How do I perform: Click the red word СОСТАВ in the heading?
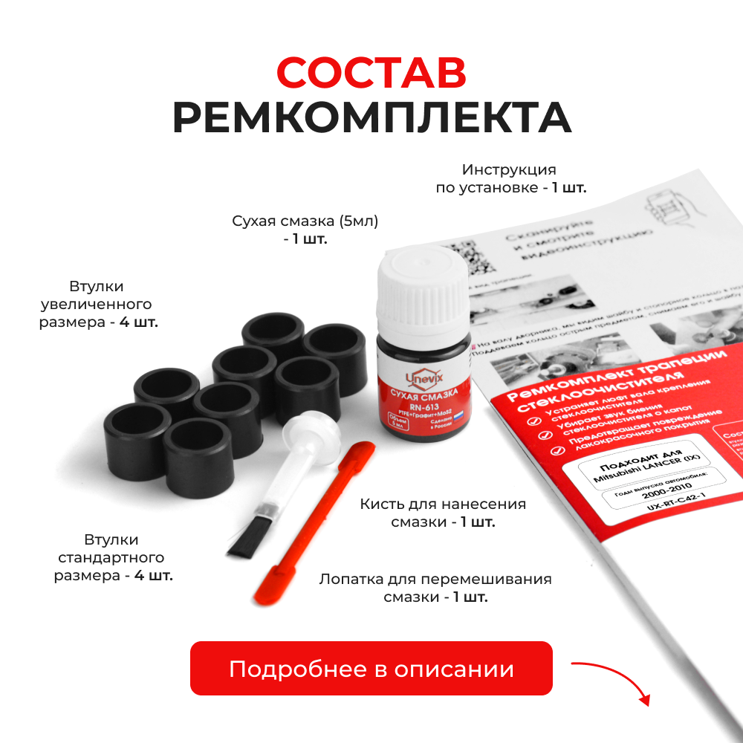371,73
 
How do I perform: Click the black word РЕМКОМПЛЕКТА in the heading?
371,117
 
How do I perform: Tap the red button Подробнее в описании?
371,669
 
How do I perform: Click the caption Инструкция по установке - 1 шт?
510,179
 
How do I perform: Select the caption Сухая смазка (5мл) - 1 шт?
305,230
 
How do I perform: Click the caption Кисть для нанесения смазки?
443,513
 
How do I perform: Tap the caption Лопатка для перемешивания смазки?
435,588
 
